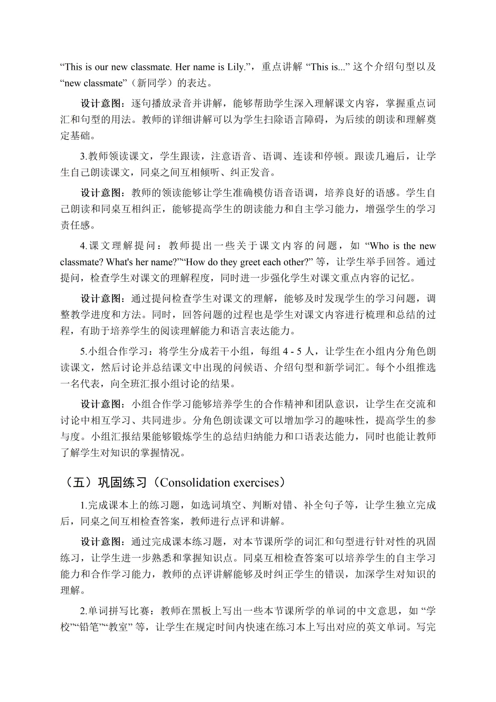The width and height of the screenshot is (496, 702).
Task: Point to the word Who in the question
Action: tap(379, 245)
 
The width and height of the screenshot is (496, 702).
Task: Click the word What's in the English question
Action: tap(119, 262)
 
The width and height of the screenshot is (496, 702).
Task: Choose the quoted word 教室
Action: tap(122, 627)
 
